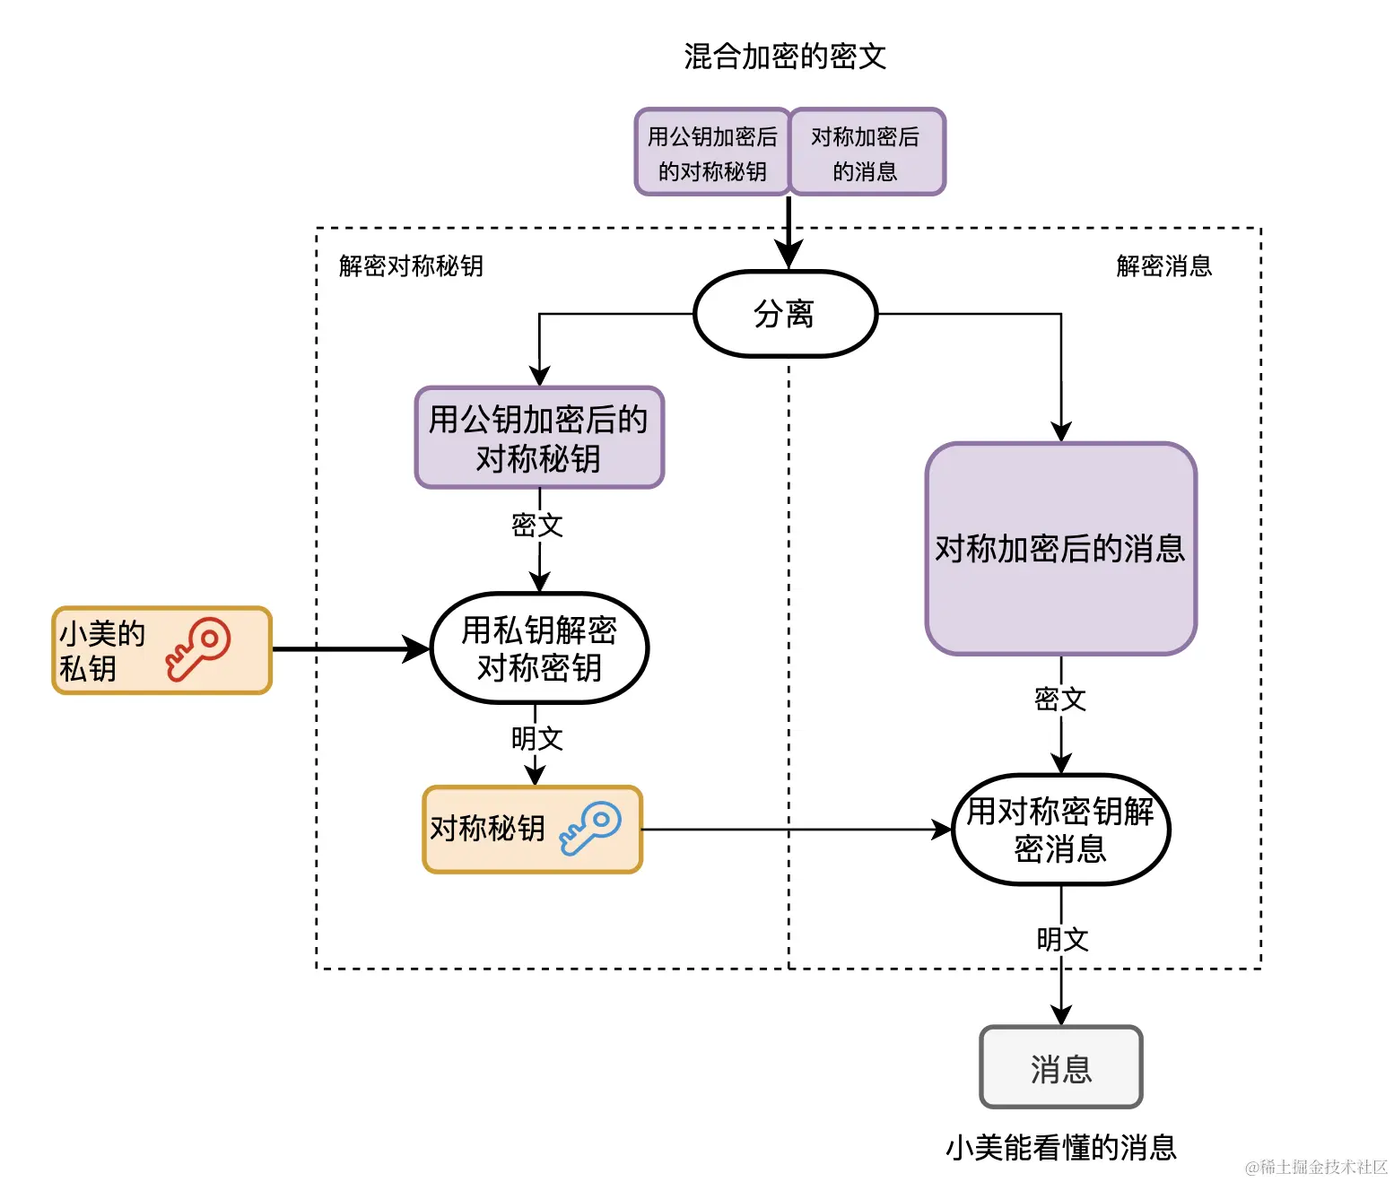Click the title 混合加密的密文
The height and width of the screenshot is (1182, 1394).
(x=784, y=56)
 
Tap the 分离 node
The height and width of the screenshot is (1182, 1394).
(x=785, y=314)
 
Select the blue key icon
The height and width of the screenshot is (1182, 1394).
(x=590, y=828)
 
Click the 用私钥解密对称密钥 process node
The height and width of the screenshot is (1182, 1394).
(x=539, y=648)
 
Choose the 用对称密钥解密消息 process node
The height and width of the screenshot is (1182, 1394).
(x=1060, y=830)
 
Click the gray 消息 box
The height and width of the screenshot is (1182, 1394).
(x=1060, y=1068)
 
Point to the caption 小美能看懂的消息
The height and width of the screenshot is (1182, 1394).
(x=1060, y=1147)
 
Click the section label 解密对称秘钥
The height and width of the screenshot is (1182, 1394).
(x=411, y=265)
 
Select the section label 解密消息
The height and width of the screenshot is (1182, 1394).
(x=1163, y=265)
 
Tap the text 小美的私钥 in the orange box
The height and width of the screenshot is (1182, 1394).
(x=100, y=650)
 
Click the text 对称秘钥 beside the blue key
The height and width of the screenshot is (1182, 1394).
(x=487, y=828)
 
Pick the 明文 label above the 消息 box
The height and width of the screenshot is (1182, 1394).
(x=1062, y=939)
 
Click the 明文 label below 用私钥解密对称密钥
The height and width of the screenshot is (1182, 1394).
(x=537, y=738)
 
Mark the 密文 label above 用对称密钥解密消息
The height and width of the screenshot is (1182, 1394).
(x=1060, y=699)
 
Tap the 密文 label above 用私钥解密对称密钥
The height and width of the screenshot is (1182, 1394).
(x=537, y=525)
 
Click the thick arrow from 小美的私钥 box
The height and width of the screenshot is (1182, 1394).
(x=350, y=648)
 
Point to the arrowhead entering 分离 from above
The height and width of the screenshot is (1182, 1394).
(x=788, y=256)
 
